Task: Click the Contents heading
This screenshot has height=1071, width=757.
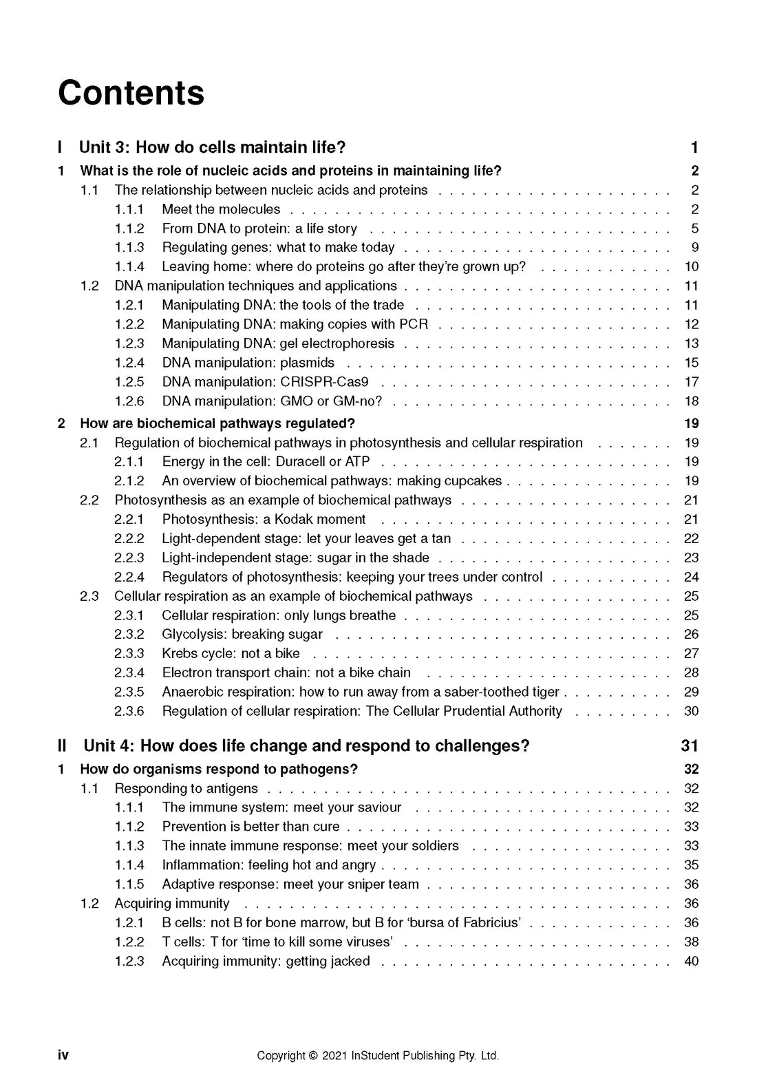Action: (131, 93)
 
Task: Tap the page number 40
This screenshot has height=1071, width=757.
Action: (691, 961)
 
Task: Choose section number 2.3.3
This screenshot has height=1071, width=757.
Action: (129, 654)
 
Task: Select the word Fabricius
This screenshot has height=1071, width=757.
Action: (486, 923)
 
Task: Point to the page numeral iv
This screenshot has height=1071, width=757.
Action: (63, 1055)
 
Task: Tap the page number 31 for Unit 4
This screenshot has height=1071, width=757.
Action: (690, 746)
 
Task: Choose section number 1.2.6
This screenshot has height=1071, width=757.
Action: (129, 401)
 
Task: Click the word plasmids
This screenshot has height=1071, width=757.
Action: (307, 363)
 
